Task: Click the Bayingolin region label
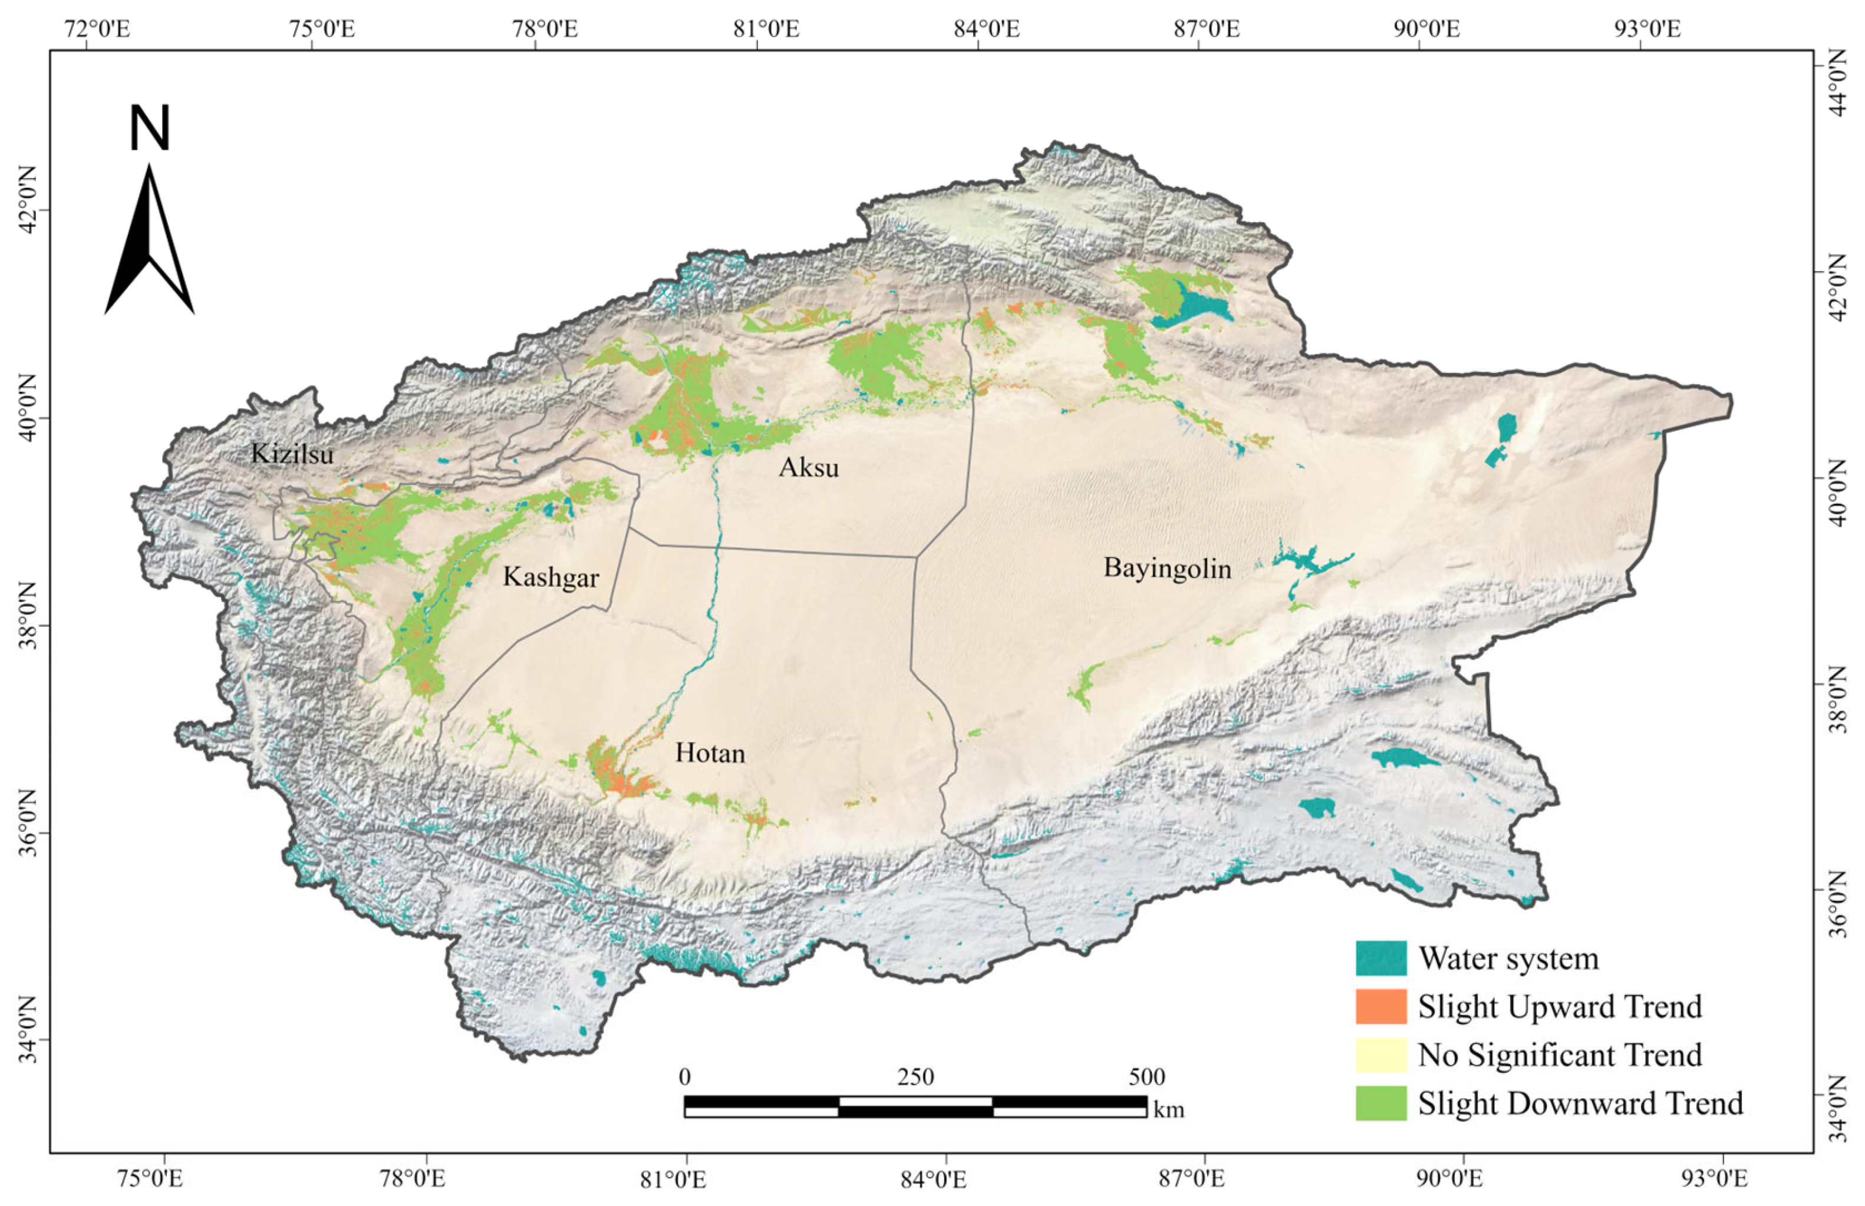[x=1167, y=568]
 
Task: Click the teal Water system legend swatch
[x=1381, y=959]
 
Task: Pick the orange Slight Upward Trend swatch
[x=1381, y=1006]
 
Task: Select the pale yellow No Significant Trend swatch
[x=1381, y=1055]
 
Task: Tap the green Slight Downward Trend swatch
[x=1381, y=1103]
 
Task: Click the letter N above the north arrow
[x=149, y=129]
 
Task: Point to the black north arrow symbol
[x=149, y=243]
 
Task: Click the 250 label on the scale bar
[x=915, y=1078]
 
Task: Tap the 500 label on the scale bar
[x=1146, y=1078]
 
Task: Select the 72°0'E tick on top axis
[x=97, y=29]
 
